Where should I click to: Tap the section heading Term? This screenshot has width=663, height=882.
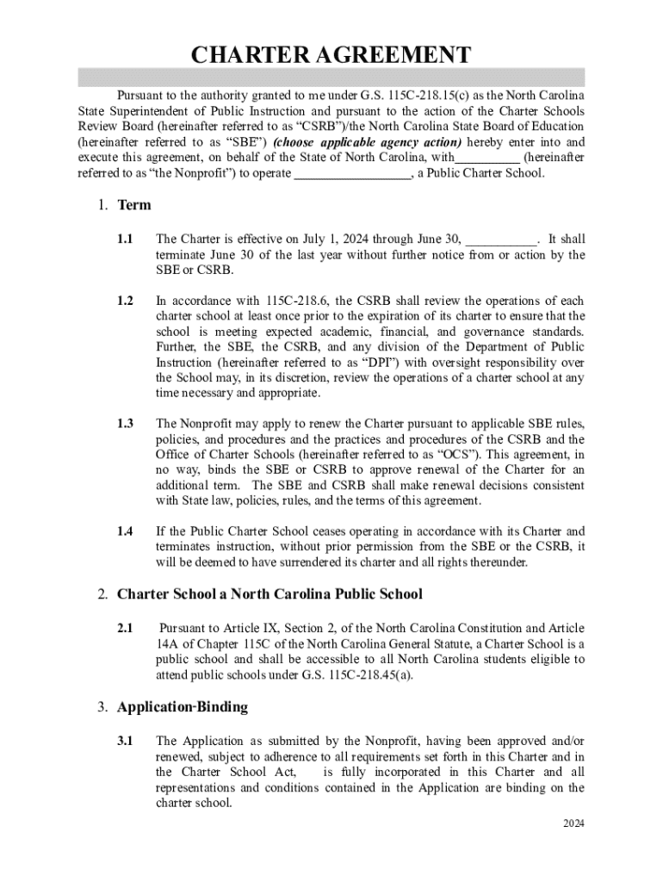pos(134,205)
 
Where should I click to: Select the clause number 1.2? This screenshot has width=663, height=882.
pos(126,301)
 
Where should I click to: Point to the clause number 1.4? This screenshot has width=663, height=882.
pos(126,531)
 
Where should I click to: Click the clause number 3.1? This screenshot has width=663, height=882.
pos(126,741)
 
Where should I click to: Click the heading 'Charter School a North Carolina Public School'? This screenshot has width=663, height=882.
pos(270,594)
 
